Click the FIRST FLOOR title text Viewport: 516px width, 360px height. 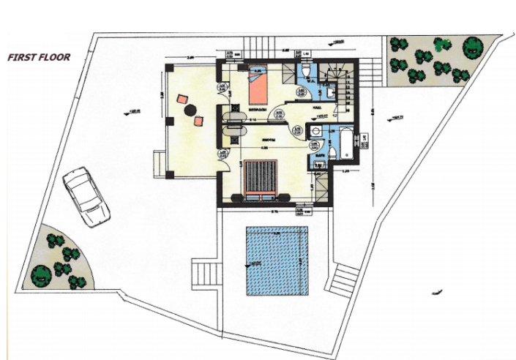click(38, 56)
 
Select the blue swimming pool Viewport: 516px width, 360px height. click(276, 260)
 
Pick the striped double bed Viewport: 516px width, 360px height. click(259, 178)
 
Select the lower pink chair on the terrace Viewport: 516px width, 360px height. click(198, 121)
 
